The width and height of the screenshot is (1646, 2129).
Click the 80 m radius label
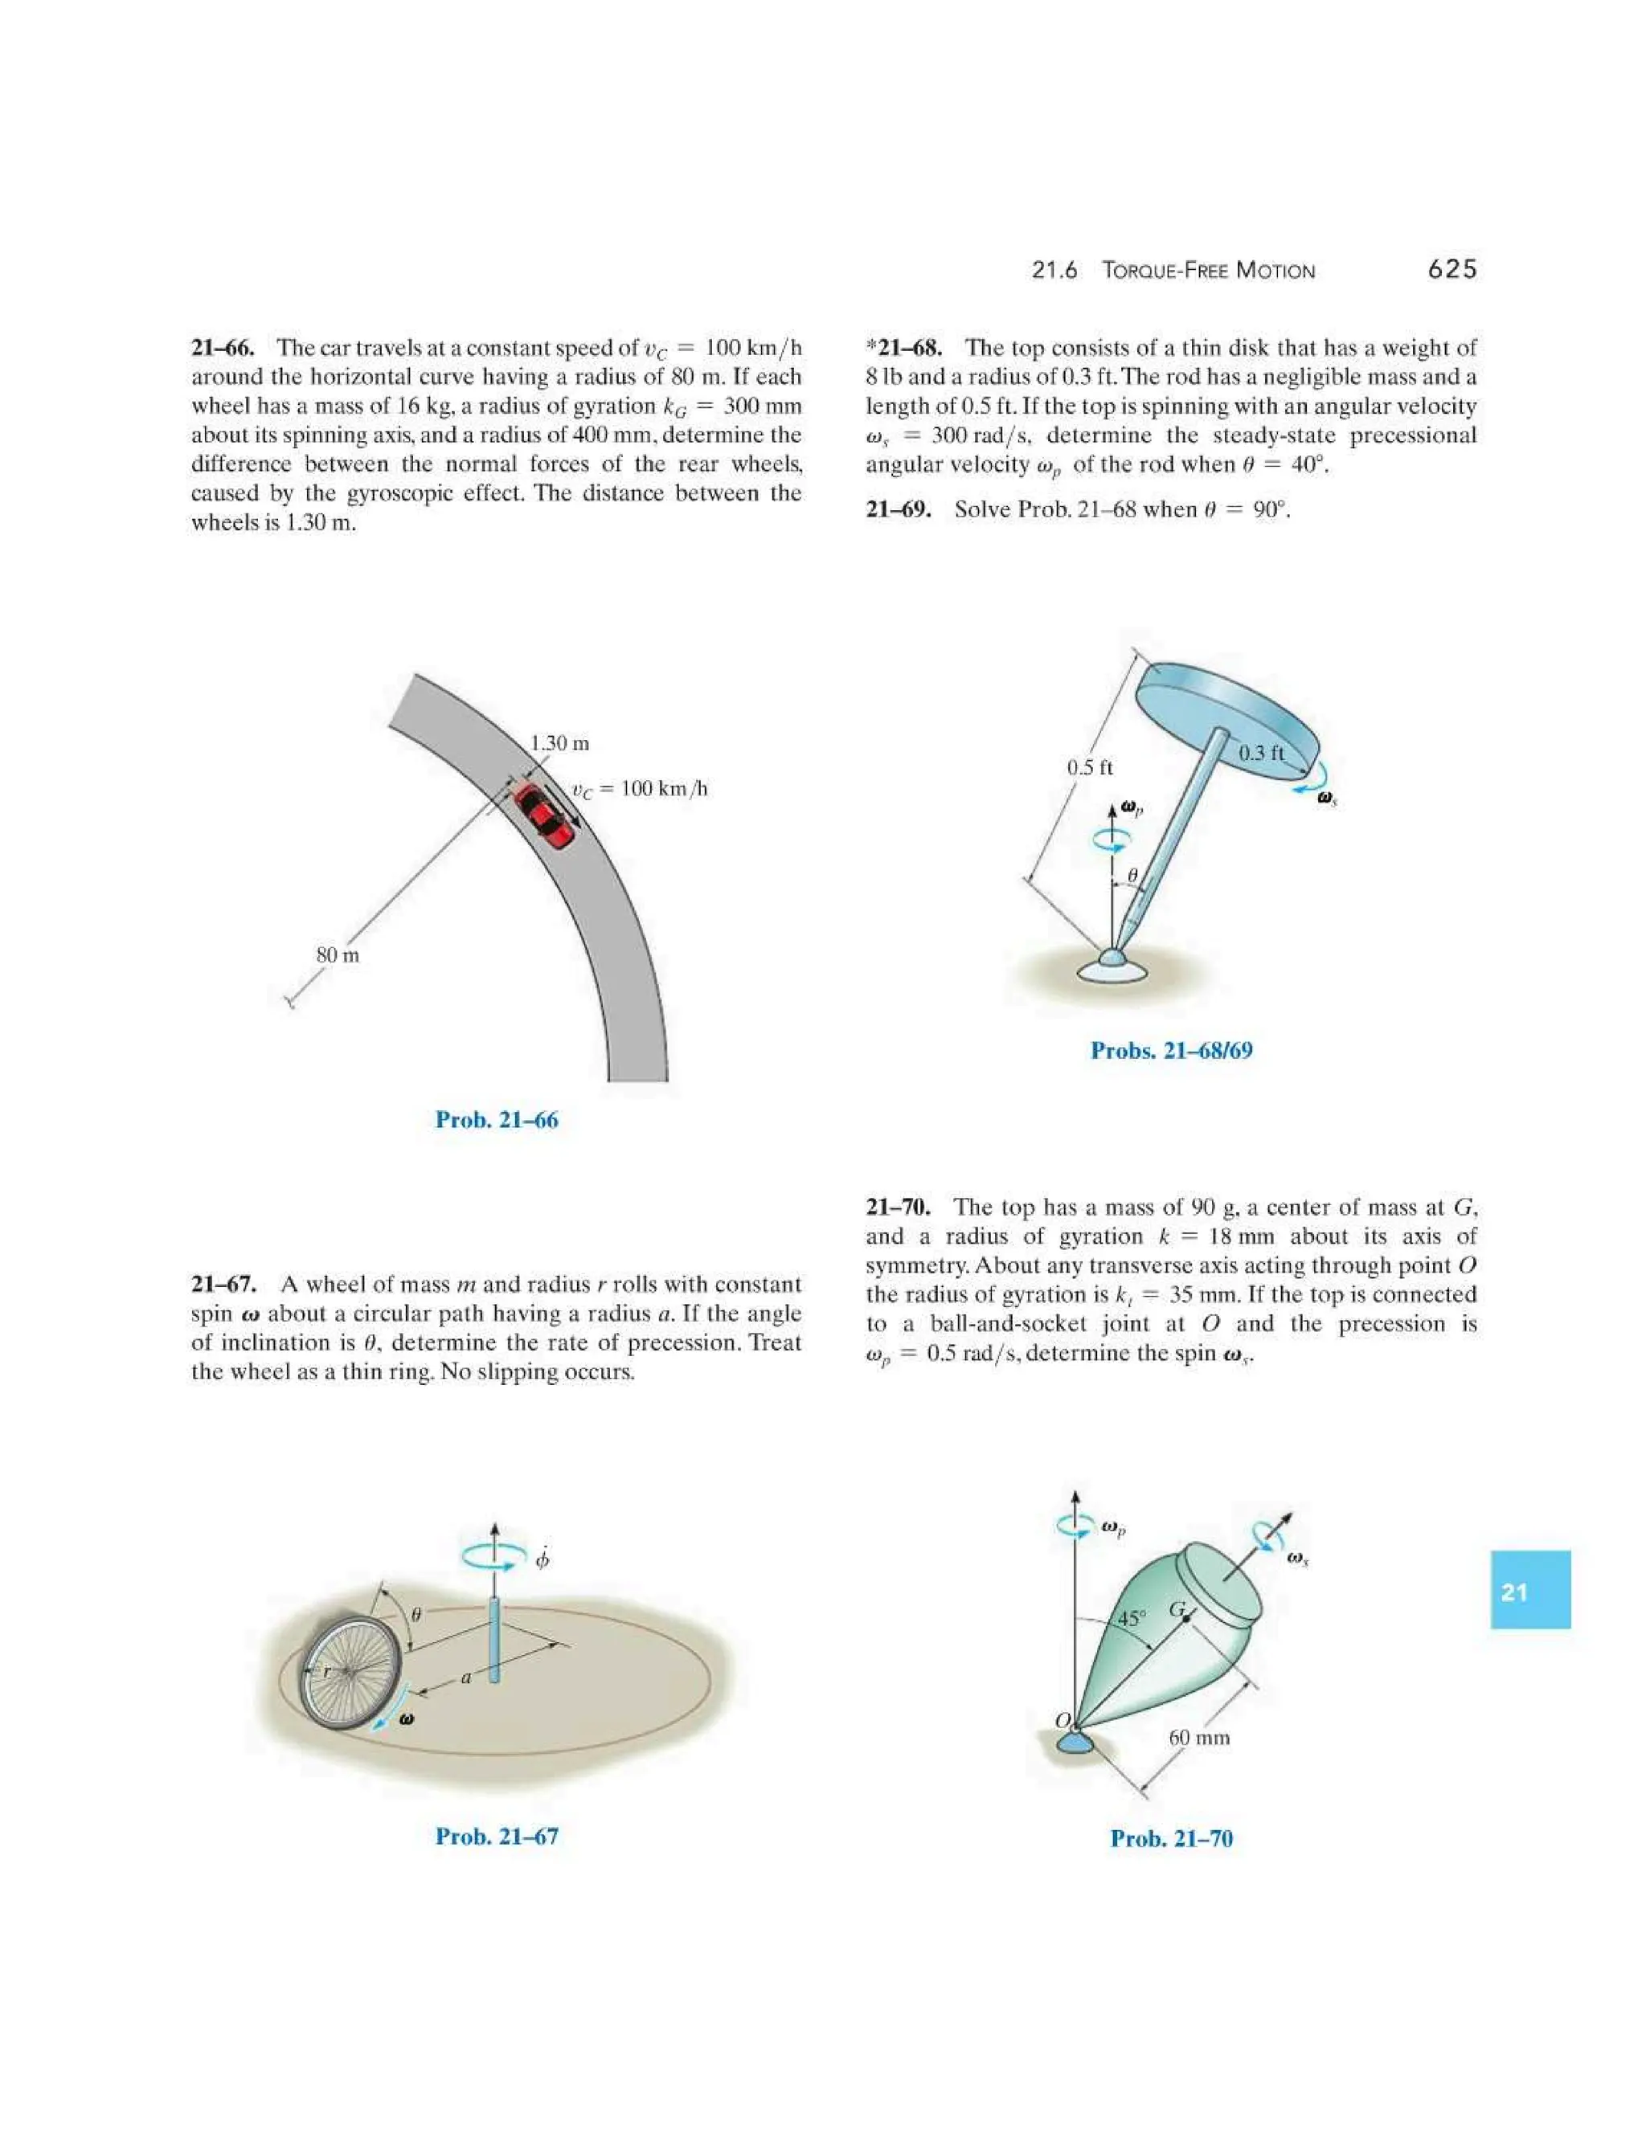coord(338,955)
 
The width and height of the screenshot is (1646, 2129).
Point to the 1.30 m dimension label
coord(559,743)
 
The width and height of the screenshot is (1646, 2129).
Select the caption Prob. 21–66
coord(497,1120)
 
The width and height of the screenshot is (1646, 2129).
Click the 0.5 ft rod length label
coord(1089,767)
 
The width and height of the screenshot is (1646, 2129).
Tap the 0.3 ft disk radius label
coord(1262,752)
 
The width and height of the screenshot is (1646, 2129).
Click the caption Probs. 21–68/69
coord(1171,1051)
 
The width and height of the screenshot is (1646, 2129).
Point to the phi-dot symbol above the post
coord(543,1558)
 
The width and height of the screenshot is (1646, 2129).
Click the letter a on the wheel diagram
coord(466,1677)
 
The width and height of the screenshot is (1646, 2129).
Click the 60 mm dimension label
coord(1198,1737)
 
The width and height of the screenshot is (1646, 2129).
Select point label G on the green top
coord(1177,1609)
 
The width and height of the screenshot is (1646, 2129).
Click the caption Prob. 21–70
coord(1171,1838)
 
